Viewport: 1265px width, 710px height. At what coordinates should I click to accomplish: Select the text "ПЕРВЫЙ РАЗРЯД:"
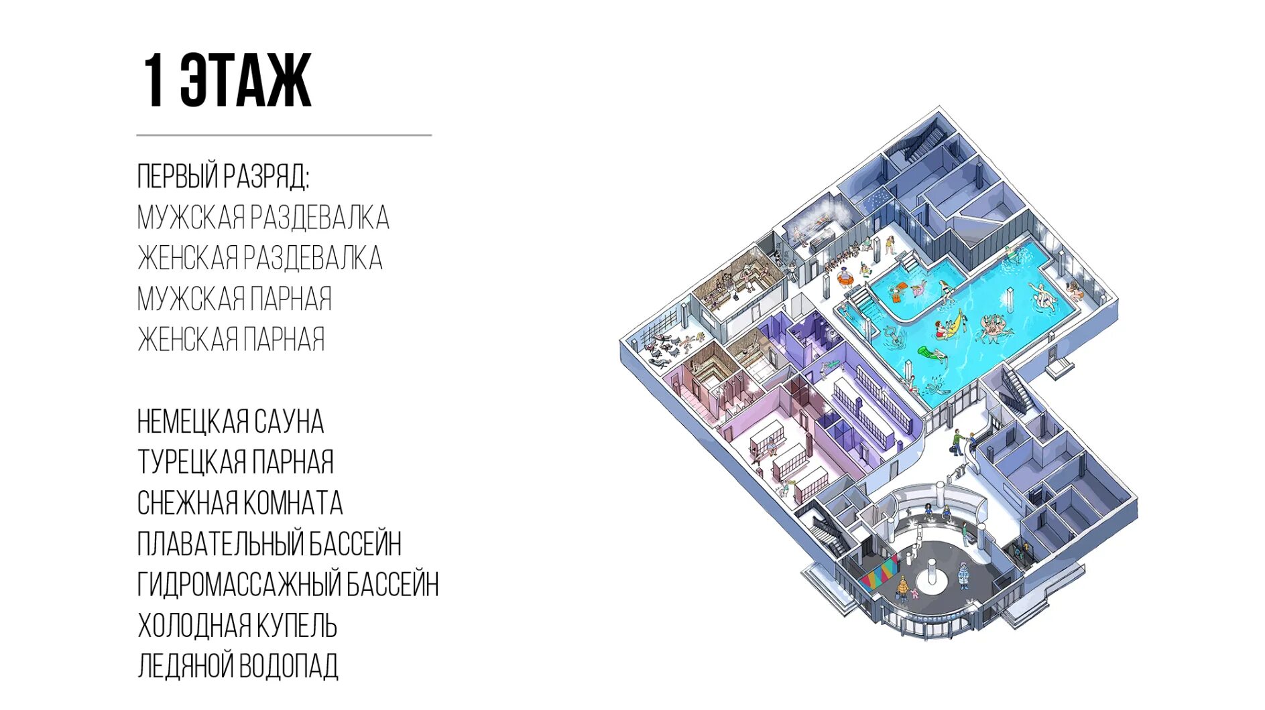pyautogui.click(x=223, y=176)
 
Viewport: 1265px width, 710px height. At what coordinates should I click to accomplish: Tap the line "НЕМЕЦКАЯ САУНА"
pyautogui.click(x=230, y=422)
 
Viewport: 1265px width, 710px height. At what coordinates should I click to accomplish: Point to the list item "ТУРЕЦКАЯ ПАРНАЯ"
pyautogui.click(x=235, y=462)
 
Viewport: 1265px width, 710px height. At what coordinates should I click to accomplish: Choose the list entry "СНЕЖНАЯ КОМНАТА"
pyautogui.click(x=239, y=503)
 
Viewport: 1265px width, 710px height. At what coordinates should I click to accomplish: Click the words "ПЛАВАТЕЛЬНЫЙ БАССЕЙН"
pyautogui.click(x=269, y=544)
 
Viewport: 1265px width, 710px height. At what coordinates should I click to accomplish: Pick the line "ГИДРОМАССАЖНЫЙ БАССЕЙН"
pyautogui.click(x=288, y=585)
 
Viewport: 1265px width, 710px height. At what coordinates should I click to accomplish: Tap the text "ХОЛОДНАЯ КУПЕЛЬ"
pyautogui.click(x=237, y=626)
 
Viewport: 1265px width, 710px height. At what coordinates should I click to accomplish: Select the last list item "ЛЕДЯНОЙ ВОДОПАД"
pyautogui.click(x=237, y=666)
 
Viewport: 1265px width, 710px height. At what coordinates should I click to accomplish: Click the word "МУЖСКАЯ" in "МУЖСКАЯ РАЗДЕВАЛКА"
pyautogui.click(x=190, y=218)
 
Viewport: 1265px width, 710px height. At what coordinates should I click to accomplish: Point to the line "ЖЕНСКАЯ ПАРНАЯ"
pyautogui.click(x=231, y=340)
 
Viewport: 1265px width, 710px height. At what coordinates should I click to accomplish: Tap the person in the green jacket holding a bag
pyautogui.click(x=956, y=441)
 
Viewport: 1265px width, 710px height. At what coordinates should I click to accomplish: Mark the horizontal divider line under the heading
pyautogui.click(x=284, y=135)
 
